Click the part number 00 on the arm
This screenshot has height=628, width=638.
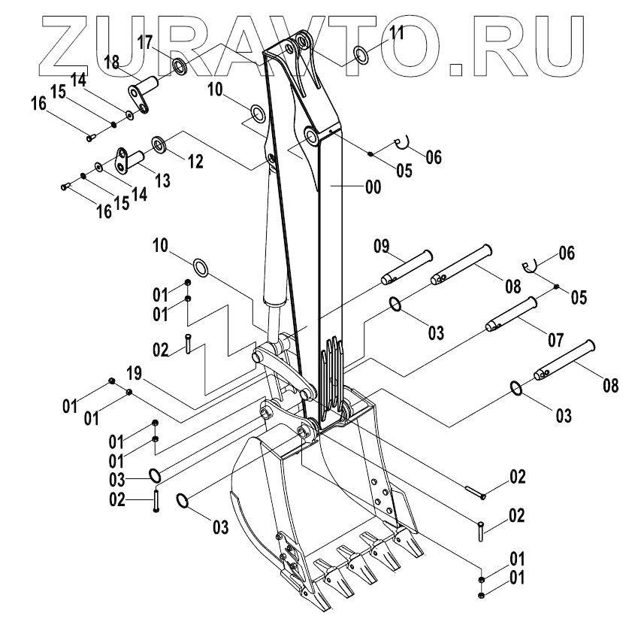[373, 188]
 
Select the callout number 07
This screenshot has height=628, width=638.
[555, 339]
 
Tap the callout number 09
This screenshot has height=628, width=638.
[382, 245]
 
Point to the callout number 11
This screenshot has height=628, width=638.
[397, 32]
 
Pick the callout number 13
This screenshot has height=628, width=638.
[163, 181]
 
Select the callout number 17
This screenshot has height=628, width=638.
[146, 42]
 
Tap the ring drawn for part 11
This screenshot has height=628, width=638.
[361, 53]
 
